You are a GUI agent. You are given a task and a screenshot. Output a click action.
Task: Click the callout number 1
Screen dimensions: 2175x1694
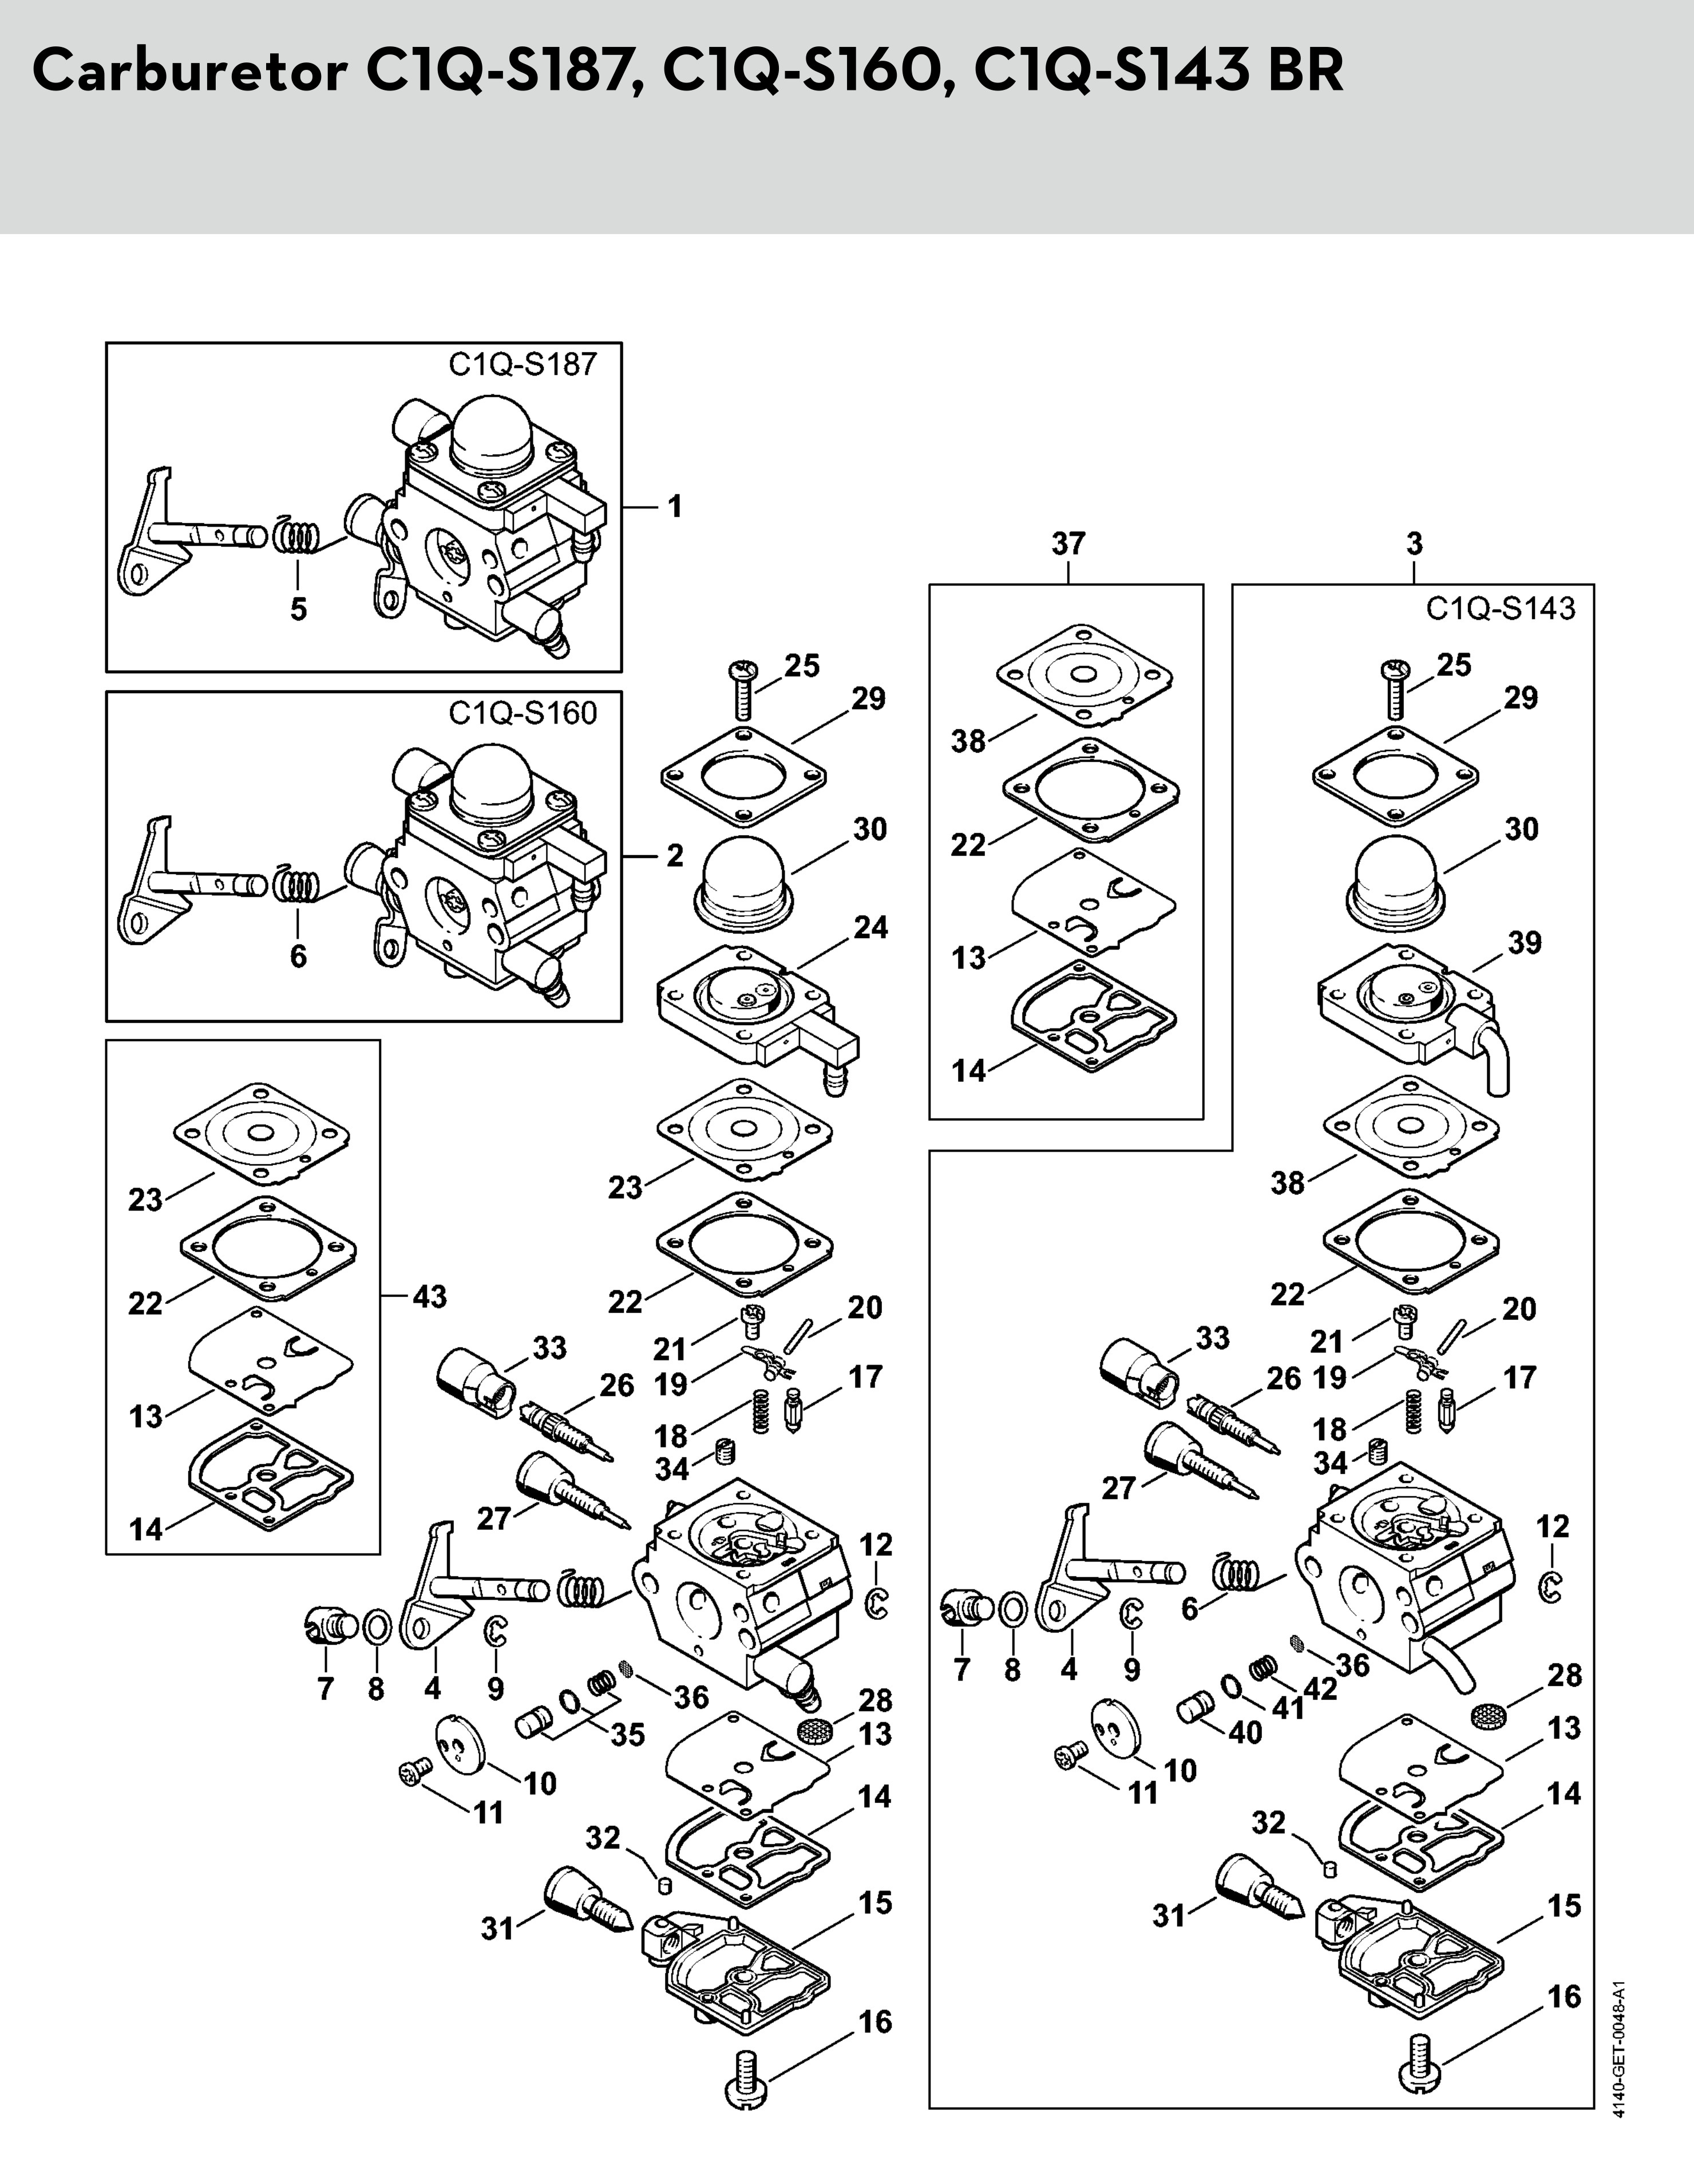pos(675,507)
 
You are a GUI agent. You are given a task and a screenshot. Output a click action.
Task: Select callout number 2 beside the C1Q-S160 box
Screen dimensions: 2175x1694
pos(675,856)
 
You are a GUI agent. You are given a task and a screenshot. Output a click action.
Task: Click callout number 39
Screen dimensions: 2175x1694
pos(1523,942)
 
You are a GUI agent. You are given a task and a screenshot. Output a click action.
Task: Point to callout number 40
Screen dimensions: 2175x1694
pos(1245,1732)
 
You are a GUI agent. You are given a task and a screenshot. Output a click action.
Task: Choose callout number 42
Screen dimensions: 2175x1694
pos(1320,1691)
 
